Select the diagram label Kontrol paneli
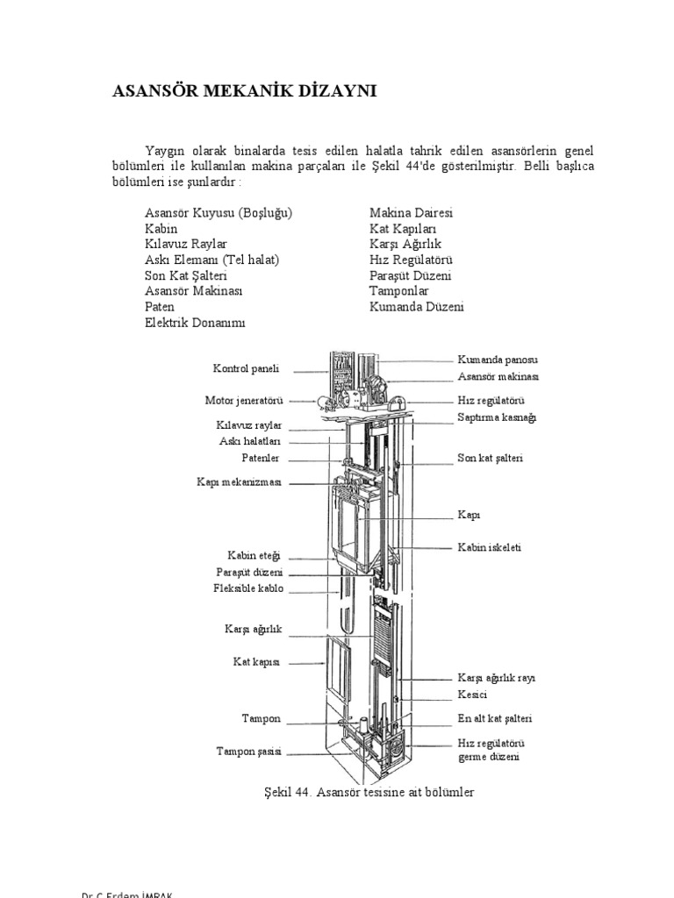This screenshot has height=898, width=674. pyautogui.click(x=246, y=368)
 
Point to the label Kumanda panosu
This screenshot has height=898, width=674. pyautogui.click(x=498, y=360)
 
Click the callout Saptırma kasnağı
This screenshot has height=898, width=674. pyautogui.click(x=496, y=417)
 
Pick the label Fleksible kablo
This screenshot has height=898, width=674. pyautogui.click(x=248, y=588)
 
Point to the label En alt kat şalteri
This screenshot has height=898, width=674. pyautogui.click(x=495, y=718)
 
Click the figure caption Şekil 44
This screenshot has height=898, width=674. pyautogui.click(x=362, y=792)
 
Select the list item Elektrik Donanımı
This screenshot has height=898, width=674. pyautogui.click(x=196, y=323)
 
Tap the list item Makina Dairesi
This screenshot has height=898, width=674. pyautogui.click(x=411, y=213)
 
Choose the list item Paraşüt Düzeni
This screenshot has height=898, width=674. pyautogui.click(x=411, y=276)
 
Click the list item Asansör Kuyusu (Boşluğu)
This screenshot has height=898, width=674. pyautogui.click(x=219, y=213)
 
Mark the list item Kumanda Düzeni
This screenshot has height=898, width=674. pyautogui.click(x=416, y=307)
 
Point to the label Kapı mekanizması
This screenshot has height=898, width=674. pyautogui.click(x=240, y=481)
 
